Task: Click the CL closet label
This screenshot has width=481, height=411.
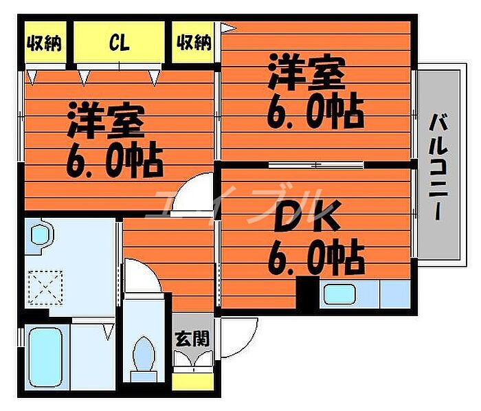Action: tap(120, 43)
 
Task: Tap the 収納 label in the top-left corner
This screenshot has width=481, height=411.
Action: tap(45, 43)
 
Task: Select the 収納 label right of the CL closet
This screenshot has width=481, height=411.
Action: tap(194, 42)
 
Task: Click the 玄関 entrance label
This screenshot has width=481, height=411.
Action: tap(192, 339)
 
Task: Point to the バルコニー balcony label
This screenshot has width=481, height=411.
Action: tap(439, 167)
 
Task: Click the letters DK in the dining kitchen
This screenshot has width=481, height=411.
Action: tap(306, 216)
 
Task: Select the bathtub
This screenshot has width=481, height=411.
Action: tap(45, 357)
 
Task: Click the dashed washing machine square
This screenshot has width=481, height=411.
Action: tap(45, 288)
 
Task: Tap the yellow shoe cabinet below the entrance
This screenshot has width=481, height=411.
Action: tap(193, 381)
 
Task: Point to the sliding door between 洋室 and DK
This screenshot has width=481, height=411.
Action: tap(316, 165)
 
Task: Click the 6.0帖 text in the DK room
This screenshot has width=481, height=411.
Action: tap(316, 257)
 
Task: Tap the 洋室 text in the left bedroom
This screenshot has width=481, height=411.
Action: tap(106, 120)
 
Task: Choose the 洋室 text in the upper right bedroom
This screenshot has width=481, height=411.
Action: tap(306, 72)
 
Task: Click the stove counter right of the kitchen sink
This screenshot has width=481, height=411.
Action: tap(395, 294)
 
